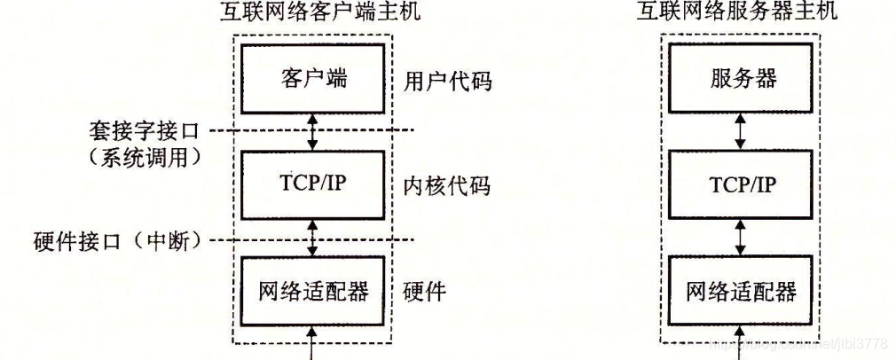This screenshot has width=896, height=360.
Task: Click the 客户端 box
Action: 310,80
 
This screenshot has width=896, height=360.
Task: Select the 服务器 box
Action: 742,80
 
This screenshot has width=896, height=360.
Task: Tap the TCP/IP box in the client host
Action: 310,185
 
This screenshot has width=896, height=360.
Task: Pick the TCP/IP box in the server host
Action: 742,185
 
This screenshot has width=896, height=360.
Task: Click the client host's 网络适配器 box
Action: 310,291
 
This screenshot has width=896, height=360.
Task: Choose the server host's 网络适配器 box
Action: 742,291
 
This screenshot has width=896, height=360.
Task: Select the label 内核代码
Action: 441,187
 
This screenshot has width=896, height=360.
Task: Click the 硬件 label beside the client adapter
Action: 427,292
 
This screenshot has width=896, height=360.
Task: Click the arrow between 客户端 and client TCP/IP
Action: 310,132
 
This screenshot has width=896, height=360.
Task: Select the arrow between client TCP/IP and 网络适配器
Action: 310,238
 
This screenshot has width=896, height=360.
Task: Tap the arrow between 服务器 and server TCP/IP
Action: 742,132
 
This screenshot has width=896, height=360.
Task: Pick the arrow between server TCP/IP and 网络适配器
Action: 742,238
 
